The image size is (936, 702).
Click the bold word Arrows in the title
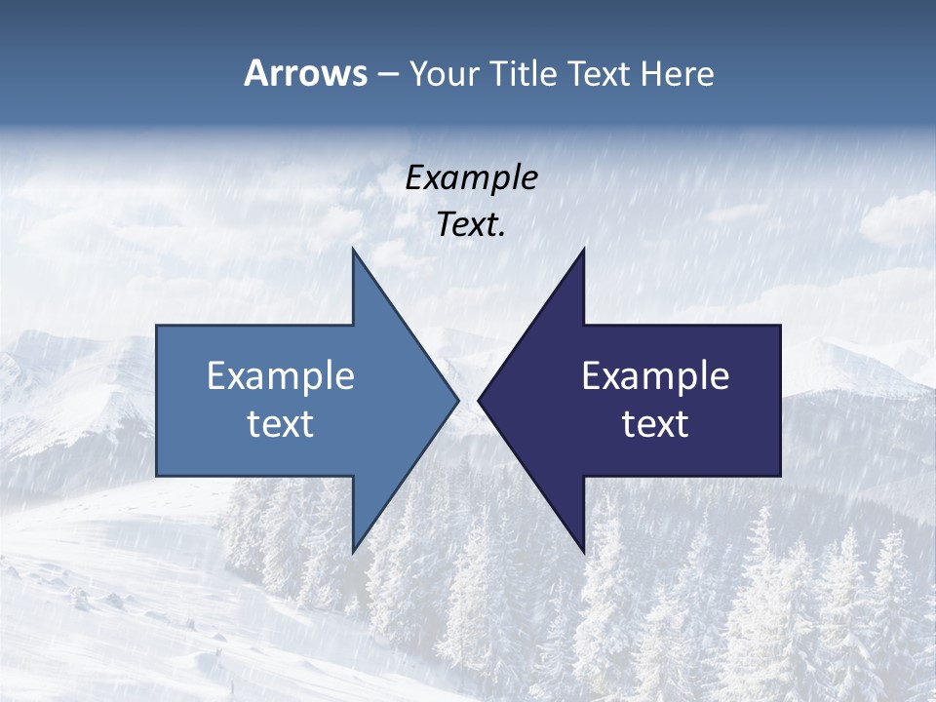point(305,73)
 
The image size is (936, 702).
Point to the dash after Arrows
point(387,74)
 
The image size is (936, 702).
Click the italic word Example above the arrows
point(471,178)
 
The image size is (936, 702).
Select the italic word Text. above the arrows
point(471,225)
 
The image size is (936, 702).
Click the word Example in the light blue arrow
point(281,376)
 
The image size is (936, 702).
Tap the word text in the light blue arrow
point(281,424)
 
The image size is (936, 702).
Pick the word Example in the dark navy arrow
point(655,376)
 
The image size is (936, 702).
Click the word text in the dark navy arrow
point(655,424)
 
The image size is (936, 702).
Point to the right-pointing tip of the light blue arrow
point(458,400)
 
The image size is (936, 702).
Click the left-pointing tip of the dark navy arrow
point(478,400)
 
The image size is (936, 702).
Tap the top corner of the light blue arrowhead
point(353,249)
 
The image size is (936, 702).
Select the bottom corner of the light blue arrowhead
point(353,553)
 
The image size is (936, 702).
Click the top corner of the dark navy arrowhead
point(584,249)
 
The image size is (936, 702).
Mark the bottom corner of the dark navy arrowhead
point(584,553)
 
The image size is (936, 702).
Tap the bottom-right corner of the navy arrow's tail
point(780,476)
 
